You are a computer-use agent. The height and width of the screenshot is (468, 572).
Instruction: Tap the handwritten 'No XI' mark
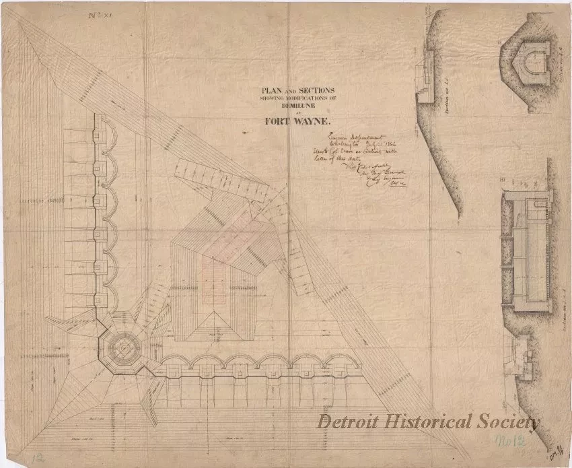click(99, 11)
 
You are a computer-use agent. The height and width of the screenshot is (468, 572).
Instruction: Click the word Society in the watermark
click(505, 422)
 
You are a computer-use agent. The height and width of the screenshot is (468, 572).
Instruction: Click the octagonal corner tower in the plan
click(124, 348)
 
